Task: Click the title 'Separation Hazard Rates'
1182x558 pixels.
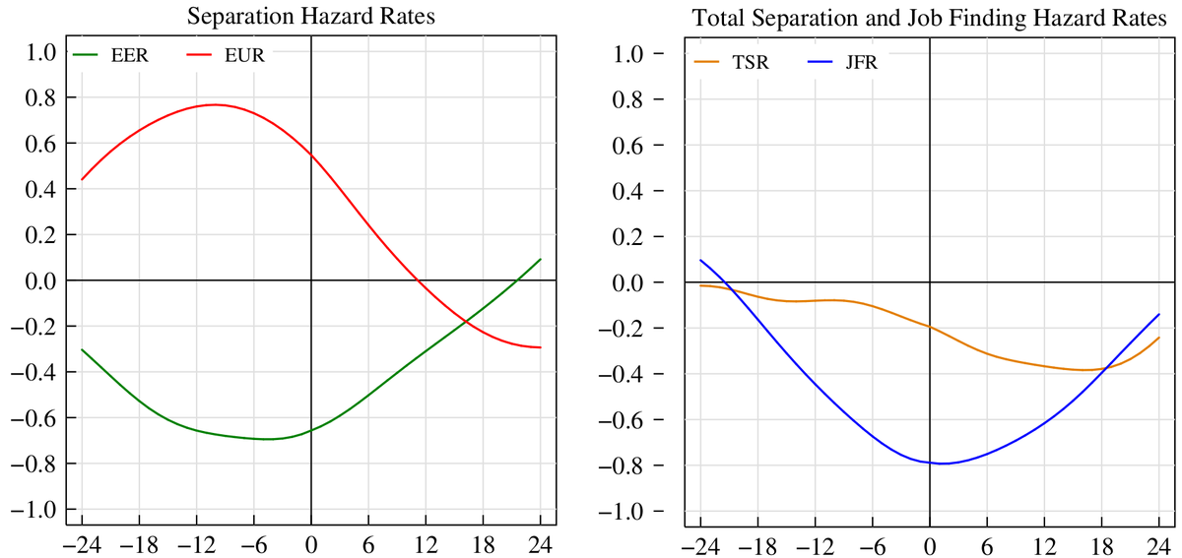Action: [310, 17]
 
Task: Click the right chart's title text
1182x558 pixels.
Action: [929, 19]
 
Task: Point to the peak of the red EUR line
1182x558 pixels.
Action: [214, 104]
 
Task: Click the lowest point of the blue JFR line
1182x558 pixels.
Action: [944, 463]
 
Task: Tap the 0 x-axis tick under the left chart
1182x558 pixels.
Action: [310, 543]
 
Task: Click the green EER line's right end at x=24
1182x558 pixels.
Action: [541, 259]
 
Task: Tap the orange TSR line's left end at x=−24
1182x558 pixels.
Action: [700, 284]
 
